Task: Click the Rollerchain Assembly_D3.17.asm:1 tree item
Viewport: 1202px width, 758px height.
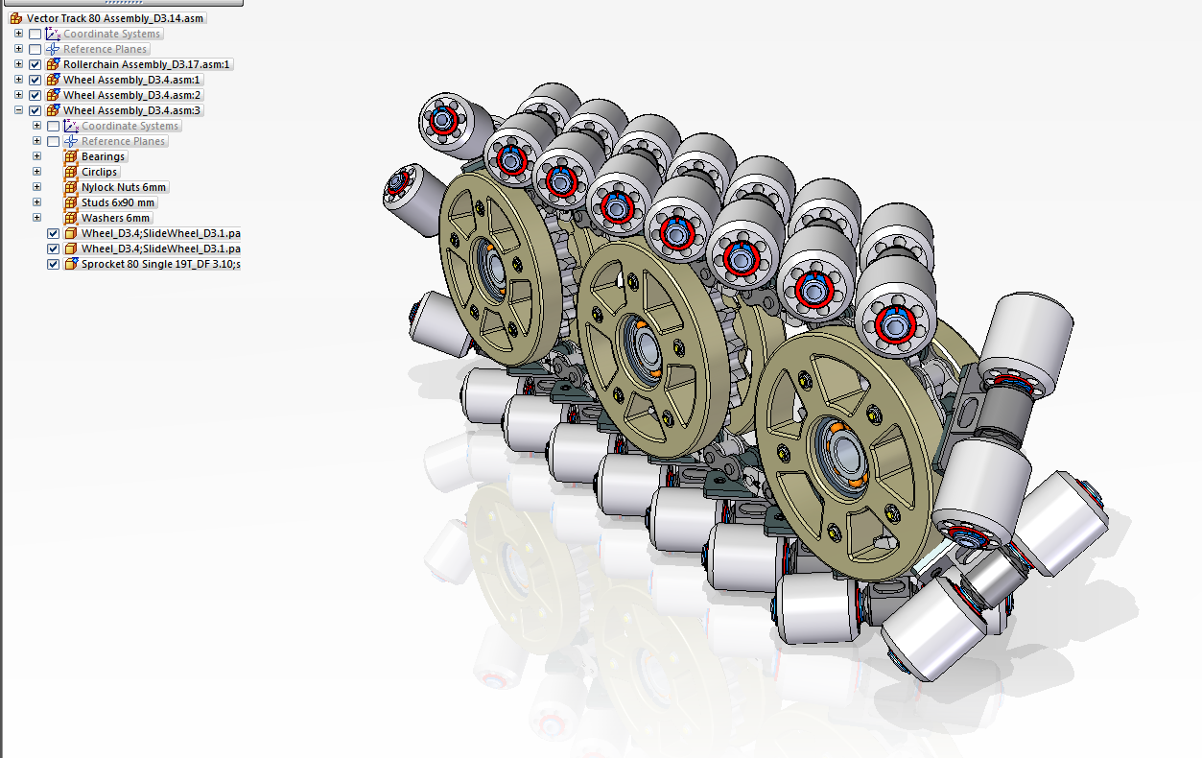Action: click(146, 64)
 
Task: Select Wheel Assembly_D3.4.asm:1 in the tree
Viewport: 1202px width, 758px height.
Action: click(131, 80)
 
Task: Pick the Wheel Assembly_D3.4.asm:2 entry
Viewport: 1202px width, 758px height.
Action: click(131, 95)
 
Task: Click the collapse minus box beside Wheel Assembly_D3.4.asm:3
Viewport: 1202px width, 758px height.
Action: click(19, 110)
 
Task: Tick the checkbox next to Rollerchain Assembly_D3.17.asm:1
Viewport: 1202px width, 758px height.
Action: click(35, 64)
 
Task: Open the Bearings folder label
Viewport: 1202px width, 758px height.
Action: click(103, 156)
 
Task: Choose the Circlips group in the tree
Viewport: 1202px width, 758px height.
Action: click(99, 173)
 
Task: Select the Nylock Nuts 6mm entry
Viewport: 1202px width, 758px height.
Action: click(124, 187)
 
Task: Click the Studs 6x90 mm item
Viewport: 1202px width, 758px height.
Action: click(118, 202)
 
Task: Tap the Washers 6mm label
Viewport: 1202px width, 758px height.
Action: click(115, 219)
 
